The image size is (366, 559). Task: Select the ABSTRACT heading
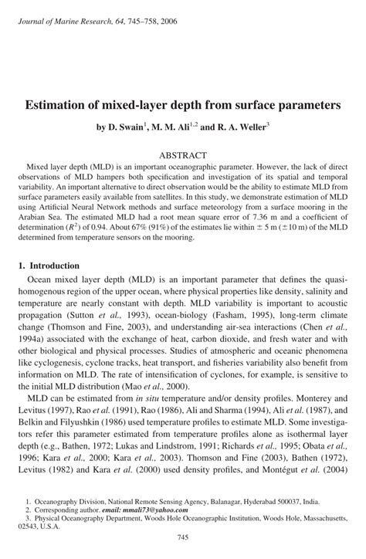[x=182, y=154]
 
